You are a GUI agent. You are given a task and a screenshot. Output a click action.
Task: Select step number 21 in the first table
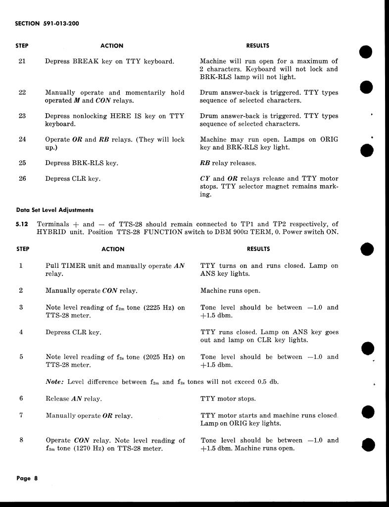22,61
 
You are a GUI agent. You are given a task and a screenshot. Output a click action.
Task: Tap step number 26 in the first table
22,179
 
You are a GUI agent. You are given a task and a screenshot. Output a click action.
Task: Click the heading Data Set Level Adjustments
54,210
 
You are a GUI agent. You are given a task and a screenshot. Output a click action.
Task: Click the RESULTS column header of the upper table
257,46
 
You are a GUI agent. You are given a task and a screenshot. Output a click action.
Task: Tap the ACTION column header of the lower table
113,249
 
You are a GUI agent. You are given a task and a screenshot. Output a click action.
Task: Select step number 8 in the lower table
21,440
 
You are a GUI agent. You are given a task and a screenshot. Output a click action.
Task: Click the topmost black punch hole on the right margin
366,51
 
